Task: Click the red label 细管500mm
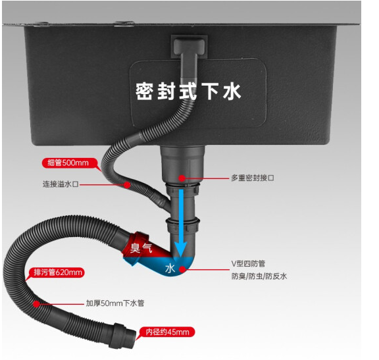pyautogui.click(x=69, y=163)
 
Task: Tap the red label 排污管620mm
pyautogui.click(x=57, y=272)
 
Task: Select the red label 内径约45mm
pyautogui.click(x=166, y=332)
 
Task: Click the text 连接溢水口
pyautogui.click(x=61, y=184)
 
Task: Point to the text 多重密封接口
pyautogui.click(x=253, y=178)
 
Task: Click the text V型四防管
pyautogui.click(x=248, y=263)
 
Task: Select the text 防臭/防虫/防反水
pyautogui.click(x=259, y=276)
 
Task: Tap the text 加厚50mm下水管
pyautogui.click(x=115, y=303)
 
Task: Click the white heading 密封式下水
pyautogui.click(x=188, y=91)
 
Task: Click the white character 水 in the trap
pyautogui.click(x=170, y=268)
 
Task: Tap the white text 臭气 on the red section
pyautogui.click(x=141, y=247)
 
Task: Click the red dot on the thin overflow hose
pyautogui.click(x=127, y=185)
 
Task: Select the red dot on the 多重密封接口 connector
pyautogui.click(x=182, y=178)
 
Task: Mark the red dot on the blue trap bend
pyautogui.click(x=183, y=269)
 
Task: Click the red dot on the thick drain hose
pyautogui.click(x=36, y=303)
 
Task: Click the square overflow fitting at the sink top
pyautogui.click(x=189, y=47)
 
